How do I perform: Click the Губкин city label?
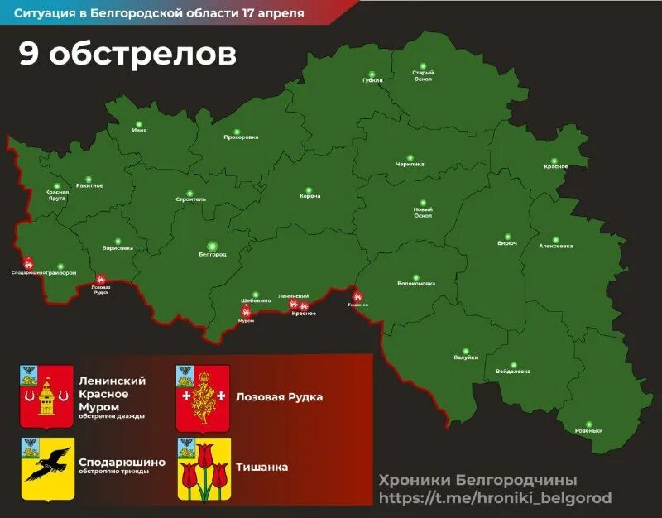(372, 80)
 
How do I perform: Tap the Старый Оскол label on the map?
(423, 76)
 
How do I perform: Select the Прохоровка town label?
(241, 137)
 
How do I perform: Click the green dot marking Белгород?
(213, 246)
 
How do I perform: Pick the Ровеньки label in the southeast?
(588, 430)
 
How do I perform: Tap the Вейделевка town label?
(513, 372)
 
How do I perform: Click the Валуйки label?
(466, 357)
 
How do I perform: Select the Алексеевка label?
(555, 246)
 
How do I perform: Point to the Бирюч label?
(507, 243)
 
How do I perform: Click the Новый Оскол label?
(423, 213)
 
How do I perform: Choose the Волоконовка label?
(416, 284)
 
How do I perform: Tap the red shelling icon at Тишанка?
(357, 296)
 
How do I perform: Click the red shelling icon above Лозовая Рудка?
(101, 280)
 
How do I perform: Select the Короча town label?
(310, 196)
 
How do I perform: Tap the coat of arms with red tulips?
(204, 469)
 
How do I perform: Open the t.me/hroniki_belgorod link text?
(495, 497)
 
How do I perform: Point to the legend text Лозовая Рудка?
(279, 397)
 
